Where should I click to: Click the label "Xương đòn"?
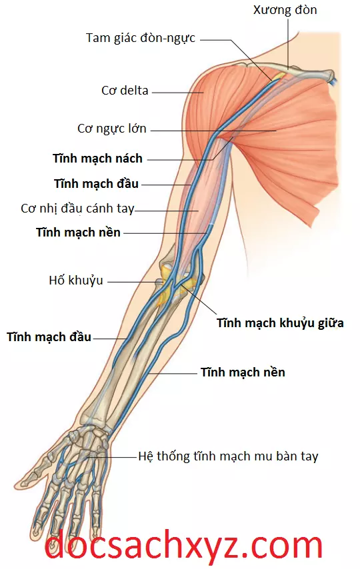click(285, 10)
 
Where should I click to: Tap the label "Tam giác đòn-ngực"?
click(141, 38)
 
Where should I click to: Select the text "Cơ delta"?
click(125, 90)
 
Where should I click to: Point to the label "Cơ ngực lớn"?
click(112, 129)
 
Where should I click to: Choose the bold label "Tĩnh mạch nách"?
click(97, 159)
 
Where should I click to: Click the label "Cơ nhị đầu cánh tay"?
click(78, 209)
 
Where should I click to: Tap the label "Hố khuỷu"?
click(76, 281)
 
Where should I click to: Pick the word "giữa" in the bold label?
click(331, 323)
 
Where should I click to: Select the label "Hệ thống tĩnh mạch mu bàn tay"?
click(228, 456)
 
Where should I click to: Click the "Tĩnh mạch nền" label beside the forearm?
click(243, 372)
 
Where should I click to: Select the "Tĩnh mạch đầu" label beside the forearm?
click(49, 336)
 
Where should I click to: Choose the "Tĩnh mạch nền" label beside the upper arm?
click(78, 233)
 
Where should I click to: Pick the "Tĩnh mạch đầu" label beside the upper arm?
click(96, 184)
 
